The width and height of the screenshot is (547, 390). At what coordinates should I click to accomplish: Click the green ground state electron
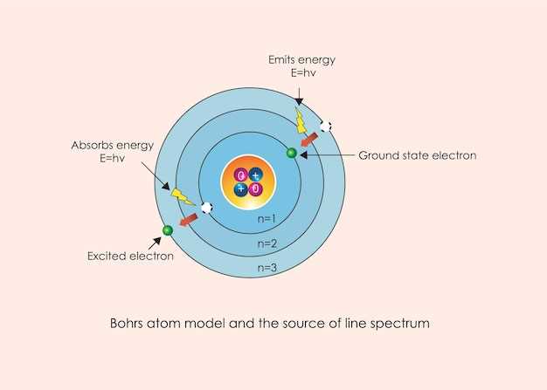(292, 153)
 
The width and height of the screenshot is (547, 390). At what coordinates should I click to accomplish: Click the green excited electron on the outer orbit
(167, 230)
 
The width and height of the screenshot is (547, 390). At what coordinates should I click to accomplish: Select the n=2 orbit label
(267, 243)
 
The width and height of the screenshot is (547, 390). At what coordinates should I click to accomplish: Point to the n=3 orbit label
(267, 269)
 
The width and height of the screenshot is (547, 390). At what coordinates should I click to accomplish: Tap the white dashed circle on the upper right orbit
(326, 127)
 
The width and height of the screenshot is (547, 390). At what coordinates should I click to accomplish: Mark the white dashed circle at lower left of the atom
(206, 208)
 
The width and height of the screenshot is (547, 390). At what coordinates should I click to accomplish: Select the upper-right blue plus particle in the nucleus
(255, 175)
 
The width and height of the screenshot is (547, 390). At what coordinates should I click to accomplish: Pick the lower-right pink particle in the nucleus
(255, 188)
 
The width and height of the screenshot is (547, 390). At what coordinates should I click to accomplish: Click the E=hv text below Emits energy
(302, 73)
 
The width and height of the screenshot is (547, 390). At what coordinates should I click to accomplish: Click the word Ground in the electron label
(377, 156)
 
